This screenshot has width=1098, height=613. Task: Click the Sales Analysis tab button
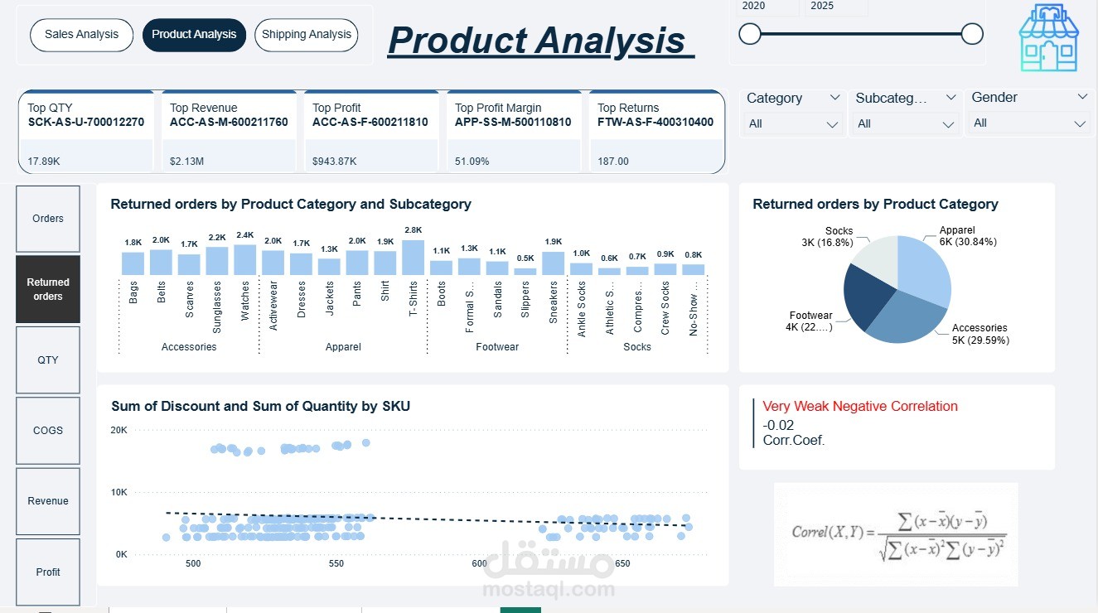coord(81,35)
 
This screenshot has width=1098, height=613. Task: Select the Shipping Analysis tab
coord(306,35)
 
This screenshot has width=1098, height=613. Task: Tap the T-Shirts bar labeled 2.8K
coord(413,258)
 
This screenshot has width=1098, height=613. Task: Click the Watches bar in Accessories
coord(244,260)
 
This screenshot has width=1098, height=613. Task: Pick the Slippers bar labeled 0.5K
coord(525,270)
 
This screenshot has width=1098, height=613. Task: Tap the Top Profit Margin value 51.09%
coord(472,162)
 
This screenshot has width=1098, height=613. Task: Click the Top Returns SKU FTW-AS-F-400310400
coord(655,122)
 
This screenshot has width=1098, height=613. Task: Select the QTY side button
coord(48,360)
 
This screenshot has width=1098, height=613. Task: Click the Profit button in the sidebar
coord(48,572)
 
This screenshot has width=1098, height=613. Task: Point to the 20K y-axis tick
coord(119,430)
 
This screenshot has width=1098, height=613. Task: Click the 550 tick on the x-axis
coord(336,563)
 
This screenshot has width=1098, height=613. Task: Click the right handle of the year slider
coord(972,34)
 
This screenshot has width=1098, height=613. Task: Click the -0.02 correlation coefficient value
coord(778,425)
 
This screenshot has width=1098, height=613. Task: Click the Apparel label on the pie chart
coord(956,230)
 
